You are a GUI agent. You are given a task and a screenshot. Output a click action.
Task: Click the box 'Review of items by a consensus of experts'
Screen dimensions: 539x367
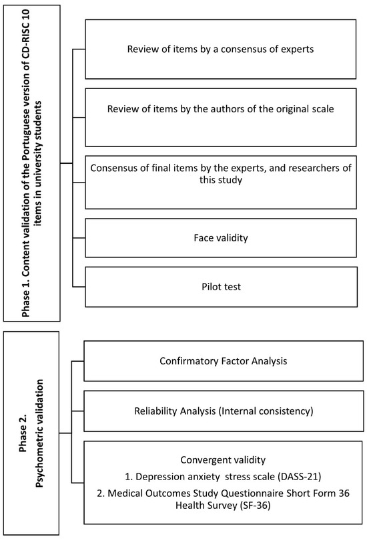click(x=220, y=49)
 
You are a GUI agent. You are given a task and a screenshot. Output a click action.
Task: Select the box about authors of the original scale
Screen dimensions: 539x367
click(x=220, y=109)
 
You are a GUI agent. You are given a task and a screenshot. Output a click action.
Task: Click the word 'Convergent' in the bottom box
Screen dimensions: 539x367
click(x=204, y=460)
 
